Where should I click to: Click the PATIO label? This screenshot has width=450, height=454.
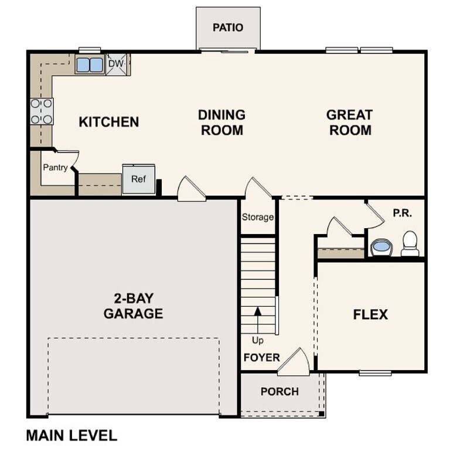pyautogui.click(x=228, y=28)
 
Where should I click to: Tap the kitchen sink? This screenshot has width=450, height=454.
pyautogui.click(x=90, y=65)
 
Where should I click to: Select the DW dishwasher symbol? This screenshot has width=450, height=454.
pyautogui.click(x=117, y=63)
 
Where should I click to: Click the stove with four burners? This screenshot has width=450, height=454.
pyautogui.click(x=42, y=111)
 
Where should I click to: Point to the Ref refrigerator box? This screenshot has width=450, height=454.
pyautogui.click(x=138, y=179)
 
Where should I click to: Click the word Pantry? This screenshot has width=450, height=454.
pyautogui.click(x=55, y=168)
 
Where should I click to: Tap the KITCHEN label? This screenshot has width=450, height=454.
pyautogui.click(x=109, y=122)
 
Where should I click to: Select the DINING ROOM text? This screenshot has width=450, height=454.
pyautogui.click(x=221, y=122)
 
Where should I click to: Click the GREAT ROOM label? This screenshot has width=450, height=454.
pyautogui.click(x=350, y=122)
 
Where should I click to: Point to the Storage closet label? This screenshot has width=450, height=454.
pyautogui.click(x=258, y=217)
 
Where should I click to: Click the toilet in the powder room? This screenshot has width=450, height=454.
pyautogui.click(x=410, y=244)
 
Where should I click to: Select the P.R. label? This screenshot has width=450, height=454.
pyautogui.click(x=403, y=214)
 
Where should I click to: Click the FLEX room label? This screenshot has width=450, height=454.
pyautogui.click(x=370, y=314)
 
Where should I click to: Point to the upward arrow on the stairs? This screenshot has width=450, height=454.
pyautogui.click(x=257, y=320)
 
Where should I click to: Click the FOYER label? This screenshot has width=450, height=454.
pyautogui.click(x=261, y=357)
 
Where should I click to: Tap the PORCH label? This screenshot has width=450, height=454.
pyautogui.click(x=279, y=391)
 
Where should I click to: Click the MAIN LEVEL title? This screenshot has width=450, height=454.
pyautogui.click(x=71, y=435)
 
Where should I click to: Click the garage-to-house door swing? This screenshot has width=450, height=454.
pyautogui.click(x=192, y=191)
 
